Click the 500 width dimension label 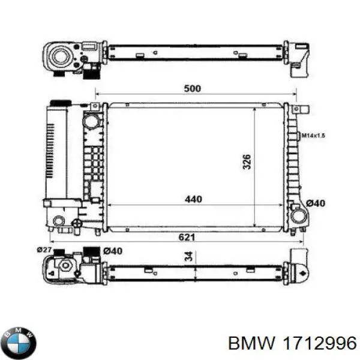pyautogui.click(x=191, y=89)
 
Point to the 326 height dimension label pyautogui.click(x=247, y=161)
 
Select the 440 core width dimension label pyautogui.click(x=193, y=199)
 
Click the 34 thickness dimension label pyautogui.click(x=188, y=257)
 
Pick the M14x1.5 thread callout pyautogui.click(x=313, y=136)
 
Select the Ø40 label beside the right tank pyautogui.click(x=315, y=203)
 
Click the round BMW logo pyautogui.click(x=19, y=343)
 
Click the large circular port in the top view pyautogui.click(x=61, y=58)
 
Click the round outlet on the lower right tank pyautogui.click(x=296, y=214)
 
